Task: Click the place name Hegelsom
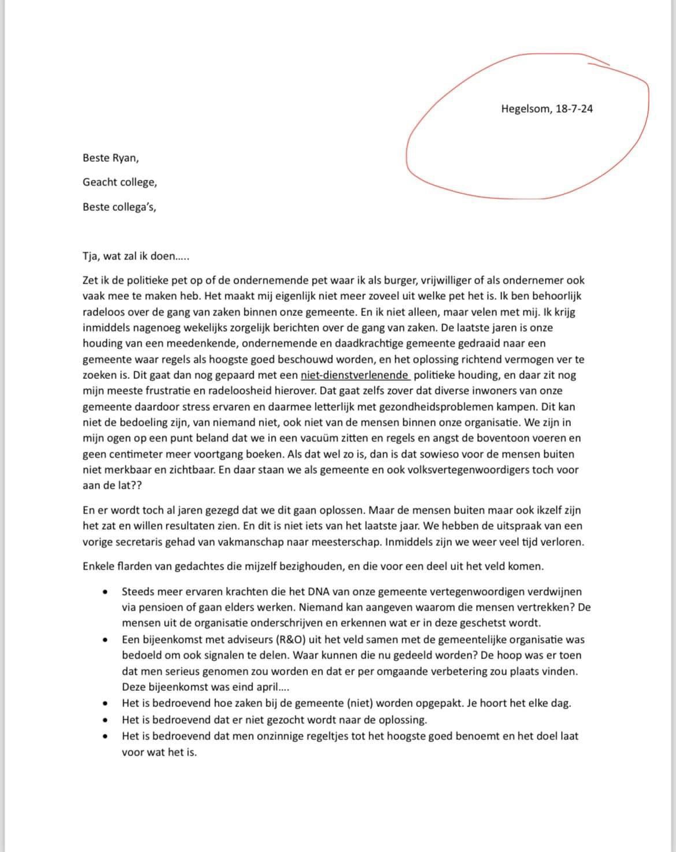pyautogui.click(x=526, y=108)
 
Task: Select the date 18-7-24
pyautogui.click(x=574, y=108)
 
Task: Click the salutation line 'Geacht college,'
pyautogui.click(x=120, y=182)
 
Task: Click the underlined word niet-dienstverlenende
pyautogui.click(x=355, y=375)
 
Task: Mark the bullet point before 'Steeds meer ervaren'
pyautogui.click(x=105, y=592)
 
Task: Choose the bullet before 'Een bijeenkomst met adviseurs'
pyautogui.click(x=105, y=640)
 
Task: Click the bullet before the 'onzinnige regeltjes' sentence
pyautogui.click(x=105, y=736)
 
